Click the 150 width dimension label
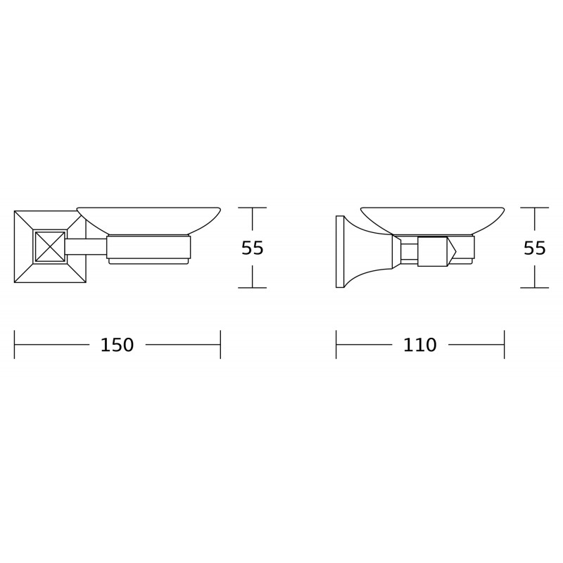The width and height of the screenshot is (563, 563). pyautogui.click(x=117, y=346)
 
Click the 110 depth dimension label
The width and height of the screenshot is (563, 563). pyautogui.click(x=420, y=346)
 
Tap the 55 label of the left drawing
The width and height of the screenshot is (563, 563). pyautogui.click(x=253, y=248)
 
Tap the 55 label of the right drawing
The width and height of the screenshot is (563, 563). pyautogui.click(x=535, y=248)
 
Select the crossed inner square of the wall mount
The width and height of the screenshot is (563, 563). pyautogui.click(x=50, y=246)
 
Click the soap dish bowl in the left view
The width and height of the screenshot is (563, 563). pyautogui.click(x=148, y=217)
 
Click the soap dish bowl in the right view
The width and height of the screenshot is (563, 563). pyautogui.click(x=432, y=217)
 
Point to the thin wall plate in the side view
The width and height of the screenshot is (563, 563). pyautogui.click(x=340, y=251)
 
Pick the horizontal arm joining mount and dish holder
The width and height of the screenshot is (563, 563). pyautogui.click(x=86, y=246)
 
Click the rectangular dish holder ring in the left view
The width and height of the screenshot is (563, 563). pyautogui.click(x=148, y=247)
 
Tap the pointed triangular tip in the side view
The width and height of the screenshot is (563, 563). pyautogui.click(x=451, y=251)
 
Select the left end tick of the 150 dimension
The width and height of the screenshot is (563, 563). pyautogui.click(x=15, y=345)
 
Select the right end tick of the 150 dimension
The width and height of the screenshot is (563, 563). pyautogui.click(x=220, y=345)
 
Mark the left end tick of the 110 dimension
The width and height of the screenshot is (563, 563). pyautogui.click(x=336, y=345)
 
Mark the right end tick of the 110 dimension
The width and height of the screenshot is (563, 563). pyautogui.click(x=504, y=345)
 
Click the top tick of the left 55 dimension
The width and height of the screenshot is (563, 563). pyautogui.click(x=253, y=208)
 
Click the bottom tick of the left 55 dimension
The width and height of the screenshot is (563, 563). pyautogui.click(x=253, y=288)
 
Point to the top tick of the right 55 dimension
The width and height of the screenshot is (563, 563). pyautogui.click(x=535, y=208)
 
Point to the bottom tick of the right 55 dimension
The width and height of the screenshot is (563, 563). pyautogui.click(x=535, y=288)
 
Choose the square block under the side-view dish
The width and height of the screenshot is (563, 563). pyautogui.click(x=432, y=251)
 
